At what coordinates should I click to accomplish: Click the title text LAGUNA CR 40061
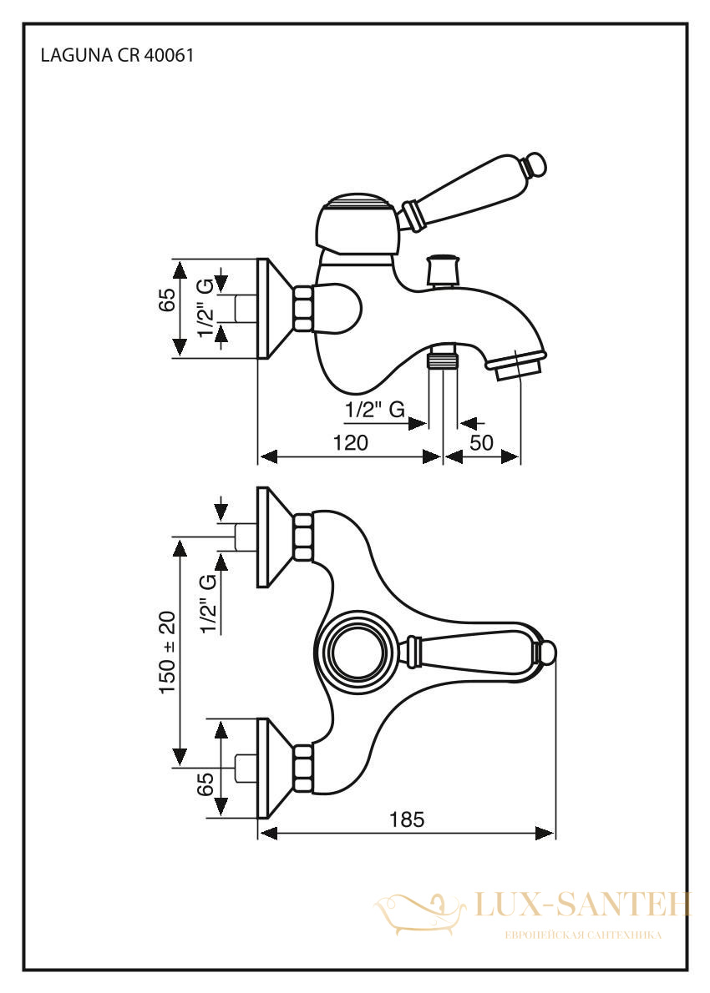117,56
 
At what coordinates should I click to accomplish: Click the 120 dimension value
351,442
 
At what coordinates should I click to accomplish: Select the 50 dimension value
481,442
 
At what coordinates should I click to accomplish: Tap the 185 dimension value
406,819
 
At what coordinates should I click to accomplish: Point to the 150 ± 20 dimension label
167,653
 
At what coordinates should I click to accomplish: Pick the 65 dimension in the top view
205,784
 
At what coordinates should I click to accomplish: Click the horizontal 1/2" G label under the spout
375,410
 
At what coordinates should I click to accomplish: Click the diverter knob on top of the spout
443,270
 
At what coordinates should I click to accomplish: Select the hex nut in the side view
304,309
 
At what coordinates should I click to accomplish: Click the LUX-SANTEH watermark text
581,905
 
